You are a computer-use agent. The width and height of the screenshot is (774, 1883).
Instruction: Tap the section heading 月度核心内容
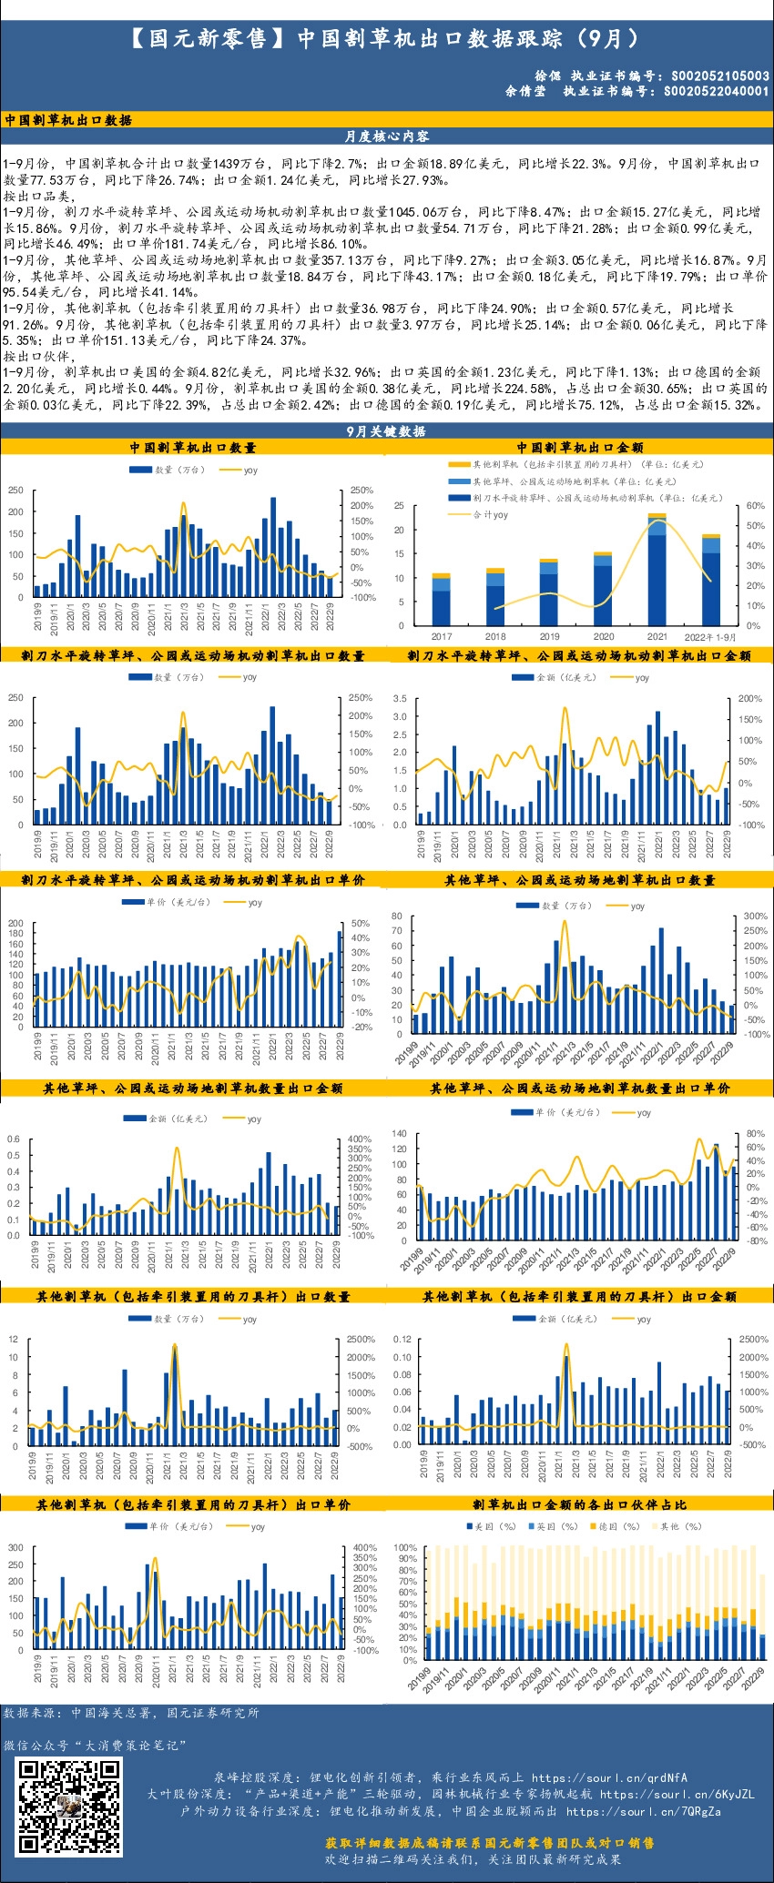(x=387, y=137)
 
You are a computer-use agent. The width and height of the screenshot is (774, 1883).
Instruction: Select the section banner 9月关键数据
(x=387, y=431)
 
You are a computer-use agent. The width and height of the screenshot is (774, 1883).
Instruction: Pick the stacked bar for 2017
(x=442, y=600)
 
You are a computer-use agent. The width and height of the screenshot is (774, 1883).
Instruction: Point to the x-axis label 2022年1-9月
(x=710, y=637)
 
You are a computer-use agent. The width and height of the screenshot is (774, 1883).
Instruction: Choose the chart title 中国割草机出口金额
(x=580, y=448)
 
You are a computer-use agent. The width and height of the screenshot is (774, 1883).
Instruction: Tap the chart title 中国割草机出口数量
(x=193, y=448)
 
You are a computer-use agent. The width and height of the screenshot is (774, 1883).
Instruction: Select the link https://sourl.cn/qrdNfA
(x=609, y=1777)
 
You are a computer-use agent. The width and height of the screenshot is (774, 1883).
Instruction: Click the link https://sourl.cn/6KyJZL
(x=677, y=1794)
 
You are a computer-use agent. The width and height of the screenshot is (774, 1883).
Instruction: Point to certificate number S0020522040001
(x=716, y=91)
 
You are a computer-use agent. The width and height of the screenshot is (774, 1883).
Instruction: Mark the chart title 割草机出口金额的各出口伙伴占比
(x=579, y=1504)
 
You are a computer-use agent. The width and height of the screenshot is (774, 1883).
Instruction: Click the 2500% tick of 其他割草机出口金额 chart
(x=754, y=1340)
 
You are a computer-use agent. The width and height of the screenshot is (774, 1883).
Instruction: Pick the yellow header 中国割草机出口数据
(x=68, y=120)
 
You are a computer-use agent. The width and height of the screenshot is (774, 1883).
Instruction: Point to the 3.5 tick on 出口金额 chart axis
(x=400, y=699)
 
